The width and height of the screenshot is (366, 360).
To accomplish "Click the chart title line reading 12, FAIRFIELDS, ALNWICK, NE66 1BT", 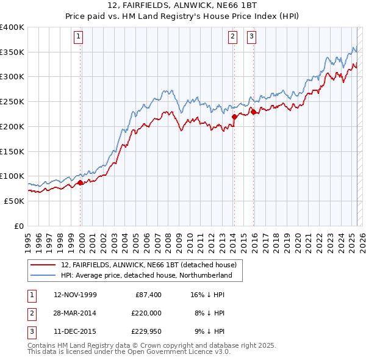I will tap(182, 7).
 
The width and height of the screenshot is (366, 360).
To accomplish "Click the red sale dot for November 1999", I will tap(81, 182).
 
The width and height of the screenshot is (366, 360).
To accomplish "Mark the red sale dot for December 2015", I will tap(253, 111).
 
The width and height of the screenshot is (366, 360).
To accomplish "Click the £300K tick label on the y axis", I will tap(12, 77).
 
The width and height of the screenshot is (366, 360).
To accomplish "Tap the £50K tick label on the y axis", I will tap(15, 201).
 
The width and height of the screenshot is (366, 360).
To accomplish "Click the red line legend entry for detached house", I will tap(152, 265).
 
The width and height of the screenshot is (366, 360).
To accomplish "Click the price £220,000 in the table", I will tap(146, 313).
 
